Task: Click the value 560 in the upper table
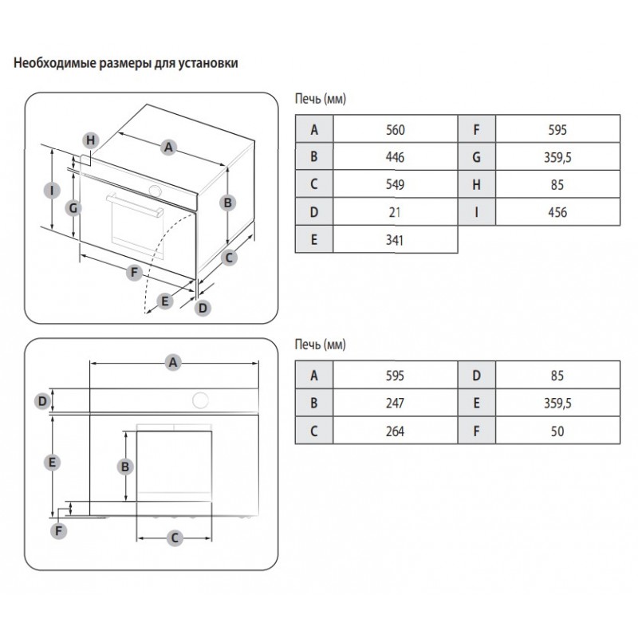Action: [x=395, y=130]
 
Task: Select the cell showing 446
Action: [x=395, y=157]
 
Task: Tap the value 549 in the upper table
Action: [x=395, y=184]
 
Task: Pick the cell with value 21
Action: [x=395, y=212]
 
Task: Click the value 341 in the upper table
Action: [x=395, y=240]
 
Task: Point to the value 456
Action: [x=557, y=212]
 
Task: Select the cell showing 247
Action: [x=395, y=403]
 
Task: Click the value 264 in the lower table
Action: [x=395, y=431]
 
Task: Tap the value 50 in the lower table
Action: [x=557, y=431]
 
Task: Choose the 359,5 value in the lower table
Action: [x=557, y=403]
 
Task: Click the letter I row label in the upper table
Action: [x=476, y=212]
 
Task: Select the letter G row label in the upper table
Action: [x=476, y=157]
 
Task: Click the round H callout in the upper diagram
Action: [x=91, y=140]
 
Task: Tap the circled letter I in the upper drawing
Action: [x=52, y=191]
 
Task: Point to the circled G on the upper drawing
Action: [x=73, y=208]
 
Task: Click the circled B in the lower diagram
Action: [x=125, y=467]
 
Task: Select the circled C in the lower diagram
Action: [x=175, y=538]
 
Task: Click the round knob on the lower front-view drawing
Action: [x=201, y=400]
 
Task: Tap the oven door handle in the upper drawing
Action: [x=135, y=205]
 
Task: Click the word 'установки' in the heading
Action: [x=208, y=63]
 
